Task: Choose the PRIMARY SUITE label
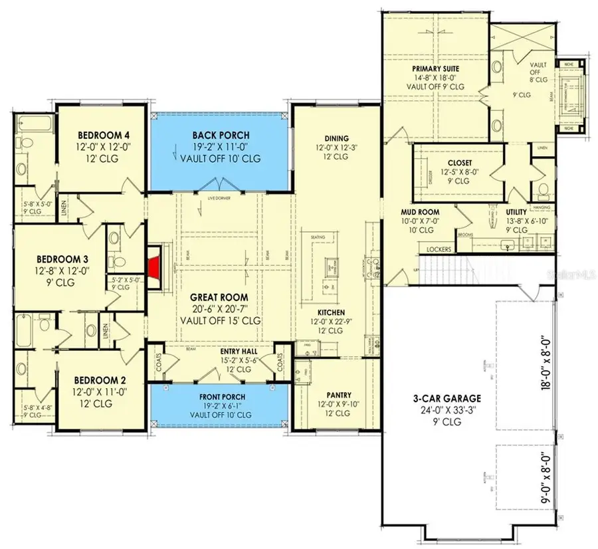coord(436,68)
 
